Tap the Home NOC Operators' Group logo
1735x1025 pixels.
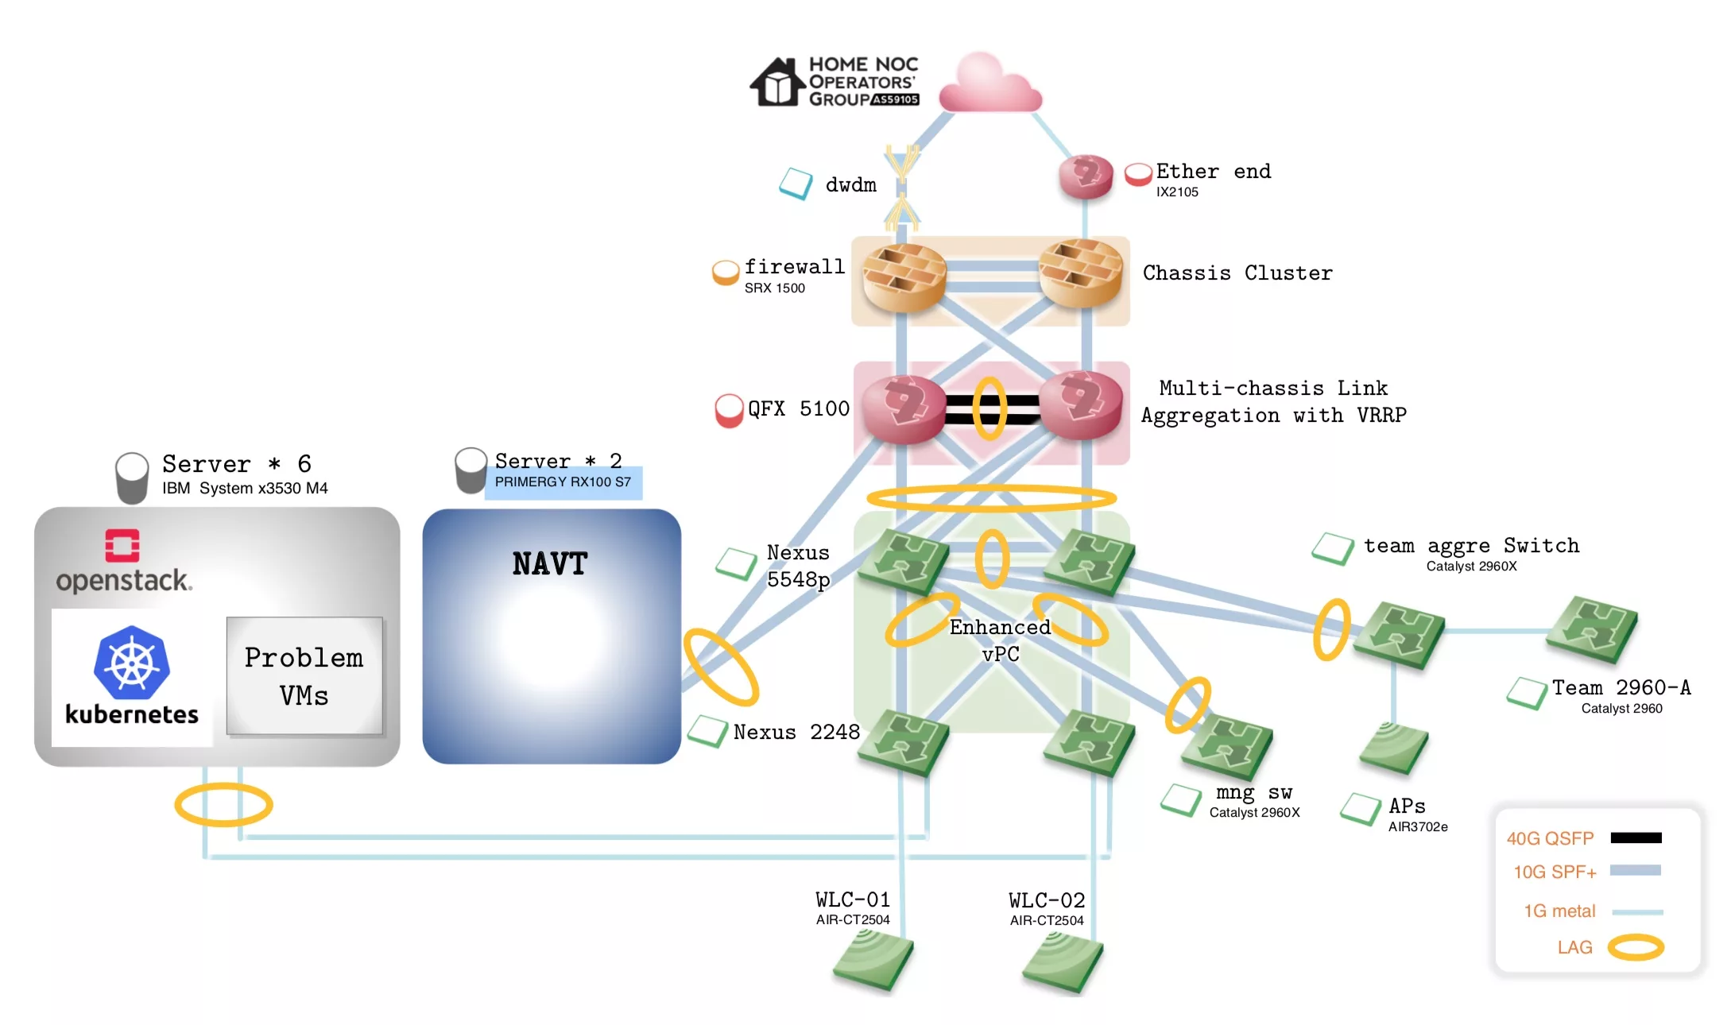point(835,81)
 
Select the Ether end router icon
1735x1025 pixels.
point(1086,176)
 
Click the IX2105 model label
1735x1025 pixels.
point(1177,192)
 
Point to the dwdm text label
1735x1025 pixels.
point(850,185)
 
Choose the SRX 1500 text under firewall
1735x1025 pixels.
point(774,288)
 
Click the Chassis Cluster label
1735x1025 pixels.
point(1237,273)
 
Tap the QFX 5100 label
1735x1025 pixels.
point(798,409)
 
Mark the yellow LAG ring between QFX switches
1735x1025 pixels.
point(989,408)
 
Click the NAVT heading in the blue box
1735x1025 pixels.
point(550,564)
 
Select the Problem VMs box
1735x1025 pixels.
point(304,676)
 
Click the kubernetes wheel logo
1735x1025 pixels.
point(132,663)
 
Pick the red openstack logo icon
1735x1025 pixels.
point(122,546)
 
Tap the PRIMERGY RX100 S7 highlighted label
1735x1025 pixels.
point(563,482)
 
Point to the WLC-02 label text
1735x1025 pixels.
point(1047,901)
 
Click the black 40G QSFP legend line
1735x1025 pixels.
point(1636,837)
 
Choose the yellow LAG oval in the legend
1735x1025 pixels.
point(1636,947)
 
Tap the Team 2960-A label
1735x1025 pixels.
point(1621,688)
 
